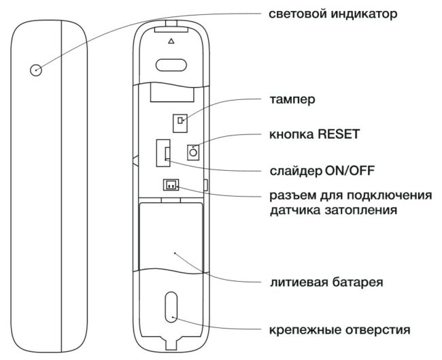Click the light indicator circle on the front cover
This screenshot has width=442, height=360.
(x=36, y=70)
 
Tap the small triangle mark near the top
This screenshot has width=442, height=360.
(x=171, y=42)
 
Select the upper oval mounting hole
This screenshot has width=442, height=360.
(x=171, y=65)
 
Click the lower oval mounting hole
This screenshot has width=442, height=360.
(x=171, y=307)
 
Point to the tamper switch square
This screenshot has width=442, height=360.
(x=180, y=123)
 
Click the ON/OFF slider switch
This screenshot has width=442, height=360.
(x=163, y=153)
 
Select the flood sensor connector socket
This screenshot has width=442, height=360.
(x=171, y=185)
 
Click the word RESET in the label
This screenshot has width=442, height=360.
(x=339, y=134)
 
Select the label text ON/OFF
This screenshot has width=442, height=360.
(x=350, y=170)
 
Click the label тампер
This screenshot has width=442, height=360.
(x=292, y=99)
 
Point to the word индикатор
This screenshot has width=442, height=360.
(x=364, y=14)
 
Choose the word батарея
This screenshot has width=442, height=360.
(x=357, y=282)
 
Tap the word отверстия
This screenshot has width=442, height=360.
(x=377, y=329)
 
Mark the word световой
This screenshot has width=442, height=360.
(x=298, y=14)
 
